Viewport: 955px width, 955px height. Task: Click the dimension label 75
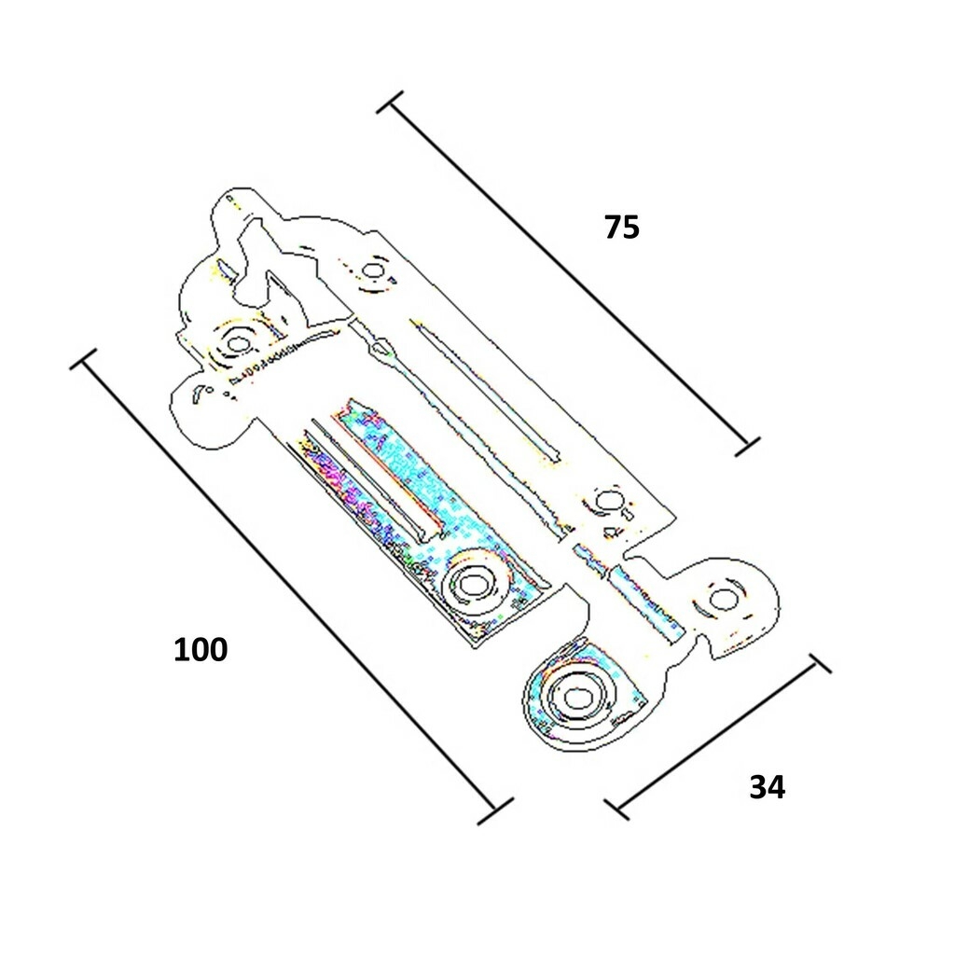[622, 228]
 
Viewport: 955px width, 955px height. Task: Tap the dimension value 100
[201, 649]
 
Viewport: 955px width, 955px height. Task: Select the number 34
[768, 787]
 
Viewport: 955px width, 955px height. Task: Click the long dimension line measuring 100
[289, 588]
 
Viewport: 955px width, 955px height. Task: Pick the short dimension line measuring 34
[717, 737]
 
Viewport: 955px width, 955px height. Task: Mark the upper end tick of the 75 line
[390, 102]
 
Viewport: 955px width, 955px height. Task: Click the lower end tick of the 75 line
[747, 447]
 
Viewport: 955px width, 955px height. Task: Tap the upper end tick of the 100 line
[83, 359]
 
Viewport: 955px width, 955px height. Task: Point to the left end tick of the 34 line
[617, 810]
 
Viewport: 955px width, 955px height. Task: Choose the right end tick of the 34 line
[820, 664]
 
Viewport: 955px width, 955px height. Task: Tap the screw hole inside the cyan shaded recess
[472, 584]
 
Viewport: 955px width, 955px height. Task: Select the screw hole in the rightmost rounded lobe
[723, 598]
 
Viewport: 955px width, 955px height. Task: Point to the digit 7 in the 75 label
[613, 228]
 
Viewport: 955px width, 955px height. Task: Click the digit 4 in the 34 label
[777, 787]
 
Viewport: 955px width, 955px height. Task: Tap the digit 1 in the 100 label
[181, 649]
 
